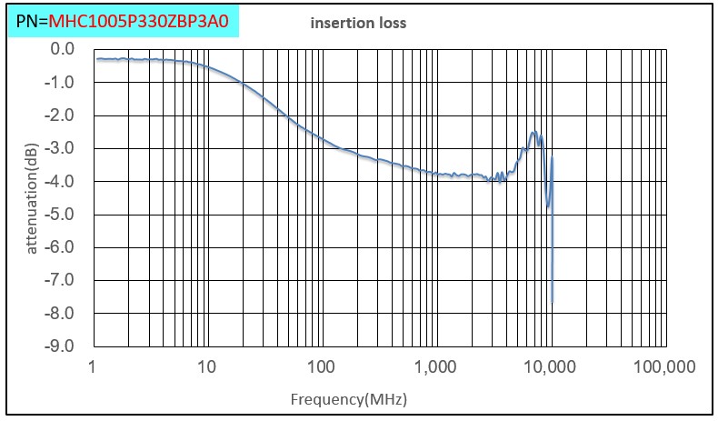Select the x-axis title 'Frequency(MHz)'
[348, 399]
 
